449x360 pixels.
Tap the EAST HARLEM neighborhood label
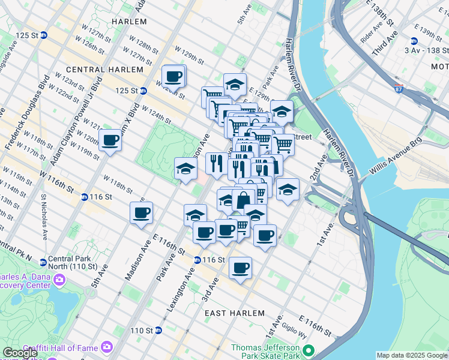click(234, 313)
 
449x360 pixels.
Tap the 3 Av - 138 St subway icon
click(414, 41)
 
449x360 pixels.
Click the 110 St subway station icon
click(158, 330)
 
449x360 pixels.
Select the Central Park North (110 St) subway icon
click(43, 262)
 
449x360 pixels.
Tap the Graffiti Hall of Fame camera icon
click(106, 347)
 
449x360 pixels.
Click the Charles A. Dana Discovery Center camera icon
click(59, 280)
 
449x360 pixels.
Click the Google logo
click(21, 353)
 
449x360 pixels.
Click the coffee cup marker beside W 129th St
click(174, 77)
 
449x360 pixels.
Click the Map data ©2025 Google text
click(411, 355)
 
